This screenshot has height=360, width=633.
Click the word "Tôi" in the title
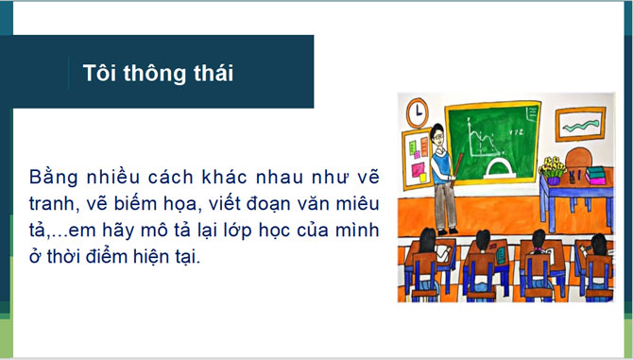[x=97, y=73]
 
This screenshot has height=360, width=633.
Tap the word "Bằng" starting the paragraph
[x=56, y=178]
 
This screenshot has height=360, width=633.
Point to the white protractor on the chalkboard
[x=497, y=168]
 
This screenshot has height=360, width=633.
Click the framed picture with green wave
[x=579, y=123]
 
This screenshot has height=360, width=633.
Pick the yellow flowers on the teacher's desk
[x=551, y=165]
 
